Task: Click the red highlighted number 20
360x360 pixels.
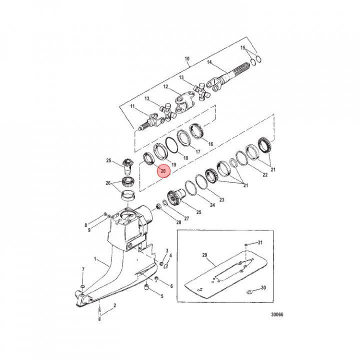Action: [163, 171]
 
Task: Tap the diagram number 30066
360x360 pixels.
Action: [277, 314]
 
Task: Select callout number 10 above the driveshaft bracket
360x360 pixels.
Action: [187, 59]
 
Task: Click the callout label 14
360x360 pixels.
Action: [209, 62]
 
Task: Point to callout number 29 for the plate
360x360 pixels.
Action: [204, 255]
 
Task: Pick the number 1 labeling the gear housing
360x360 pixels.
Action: [95, 259]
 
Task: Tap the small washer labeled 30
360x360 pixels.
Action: [249, 292]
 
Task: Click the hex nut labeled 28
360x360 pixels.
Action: [157, 206]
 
